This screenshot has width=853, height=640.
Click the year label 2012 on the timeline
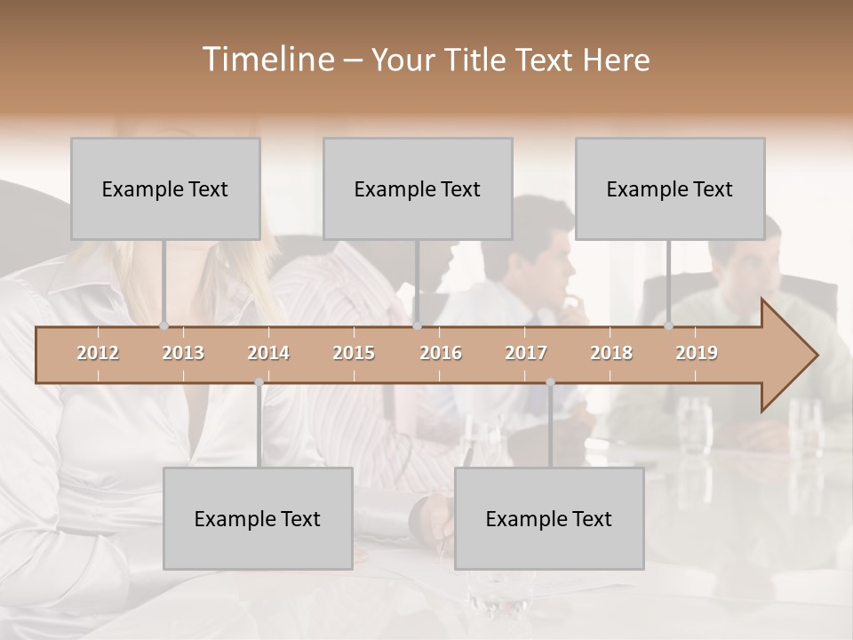[x=98, y=353]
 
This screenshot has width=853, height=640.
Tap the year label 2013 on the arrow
[x=183, y=353]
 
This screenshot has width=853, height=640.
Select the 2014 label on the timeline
[x=268, y=353]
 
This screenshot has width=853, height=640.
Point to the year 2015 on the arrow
[x=354, y=353]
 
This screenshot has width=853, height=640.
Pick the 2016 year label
[x=441, y=353]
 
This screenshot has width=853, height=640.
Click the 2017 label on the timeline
[x=526, y=353]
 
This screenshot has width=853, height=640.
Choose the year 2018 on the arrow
[x=611, y=353]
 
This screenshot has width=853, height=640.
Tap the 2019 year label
[x=697, y=353]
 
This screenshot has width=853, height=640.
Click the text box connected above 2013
[x=165, y=188]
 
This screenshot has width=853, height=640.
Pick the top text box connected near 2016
[x=418, y=188]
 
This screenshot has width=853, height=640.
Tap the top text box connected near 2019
[x=670, y=188]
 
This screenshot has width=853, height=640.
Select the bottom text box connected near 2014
[x=258, y=518]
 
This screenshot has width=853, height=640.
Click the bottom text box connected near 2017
[x=549, y=518]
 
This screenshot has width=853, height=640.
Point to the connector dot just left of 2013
[x=164, y=326]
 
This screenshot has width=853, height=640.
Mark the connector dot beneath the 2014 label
[x=259, y=382]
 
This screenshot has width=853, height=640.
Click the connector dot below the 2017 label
[x=550, y=382]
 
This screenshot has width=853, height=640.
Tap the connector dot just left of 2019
[x=669, y=326]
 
